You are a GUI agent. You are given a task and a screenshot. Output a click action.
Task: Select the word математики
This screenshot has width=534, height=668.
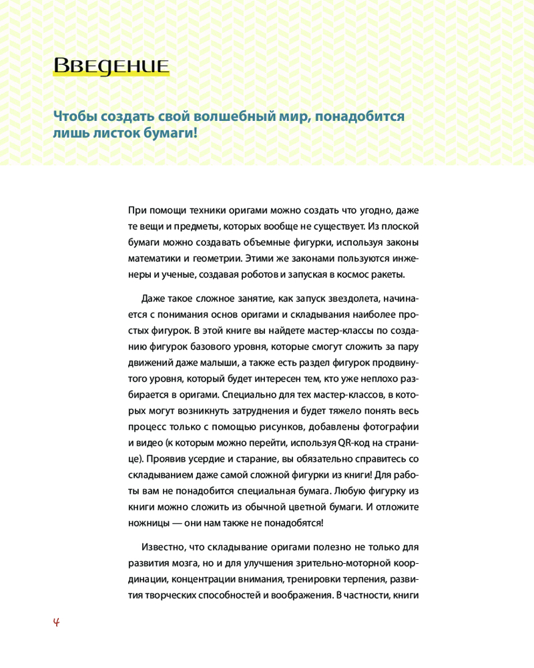(x=154, y=258)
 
